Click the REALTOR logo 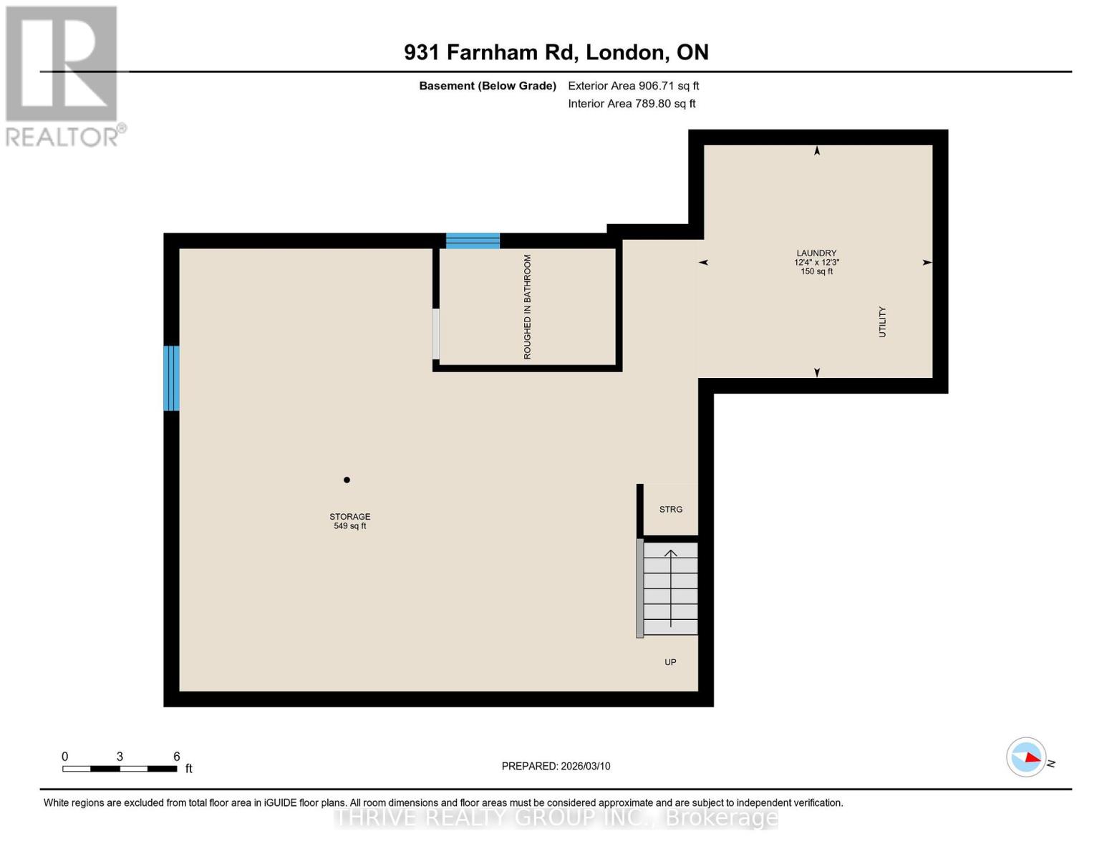coord(63,75)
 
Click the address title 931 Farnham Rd coord(556,52)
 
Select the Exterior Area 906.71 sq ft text coord(633,86)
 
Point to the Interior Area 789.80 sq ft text coord(632,104)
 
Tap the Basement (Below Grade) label coord(487,86)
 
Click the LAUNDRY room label coord(816,253)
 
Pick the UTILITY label coord(882,322)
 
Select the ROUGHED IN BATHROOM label coord(528,307)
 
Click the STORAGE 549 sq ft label coord(349,521)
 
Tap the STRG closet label coord(671,510)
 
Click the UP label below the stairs coord(670,662)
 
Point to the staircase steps coord(670,588)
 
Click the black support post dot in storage coord(347,480)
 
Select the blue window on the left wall coord(171,378)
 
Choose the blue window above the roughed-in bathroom coord(473,241)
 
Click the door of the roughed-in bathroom coord(435,334)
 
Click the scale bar coord(120,769)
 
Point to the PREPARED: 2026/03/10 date coord(556,766)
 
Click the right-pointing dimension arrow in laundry coord(927,263)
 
